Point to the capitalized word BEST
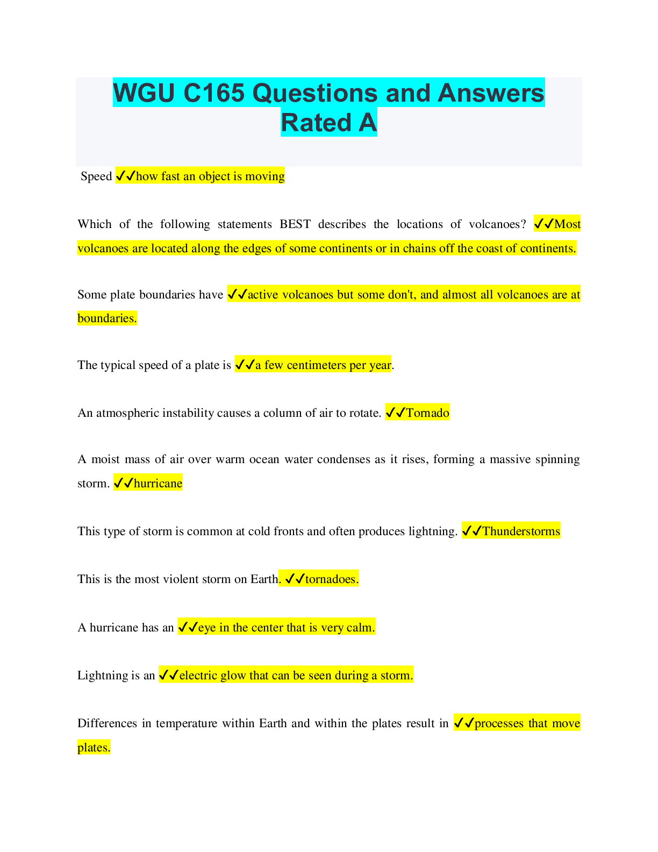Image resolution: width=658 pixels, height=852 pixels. click(295, 224)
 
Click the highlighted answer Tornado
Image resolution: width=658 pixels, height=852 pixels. click(427, 413)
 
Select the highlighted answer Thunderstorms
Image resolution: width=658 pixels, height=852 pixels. click(521, 531)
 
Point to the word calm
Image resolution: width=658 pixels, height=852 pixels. click(360, 628)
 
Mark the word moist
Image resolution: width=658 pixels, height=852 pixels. click(105, 459)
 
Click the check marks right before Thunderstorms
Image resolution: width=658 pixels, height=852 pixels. click(472, 531)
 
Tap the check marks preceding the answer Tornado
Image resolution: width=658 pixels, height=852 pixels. click(395, 413)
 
